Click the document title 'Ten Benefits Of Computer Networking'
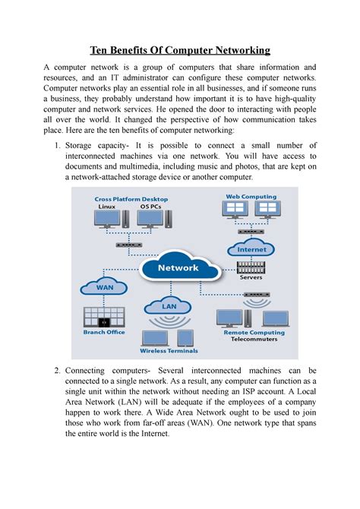click(180, 50)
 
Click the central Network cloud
click(178, 268)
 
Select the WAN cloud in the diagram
click(96, 288)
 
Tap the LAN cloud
click(169, 305)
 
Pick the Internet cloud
click(251, 248)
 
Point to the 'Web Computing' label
click(250, 196)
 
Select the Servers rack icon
click(251, 267)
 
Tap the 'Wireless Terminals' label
click(168, 350)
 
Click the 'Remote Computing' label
click(254, 332)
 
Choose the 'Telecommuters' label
click(254, 340)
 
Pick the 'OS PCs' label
click(150, 206)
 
